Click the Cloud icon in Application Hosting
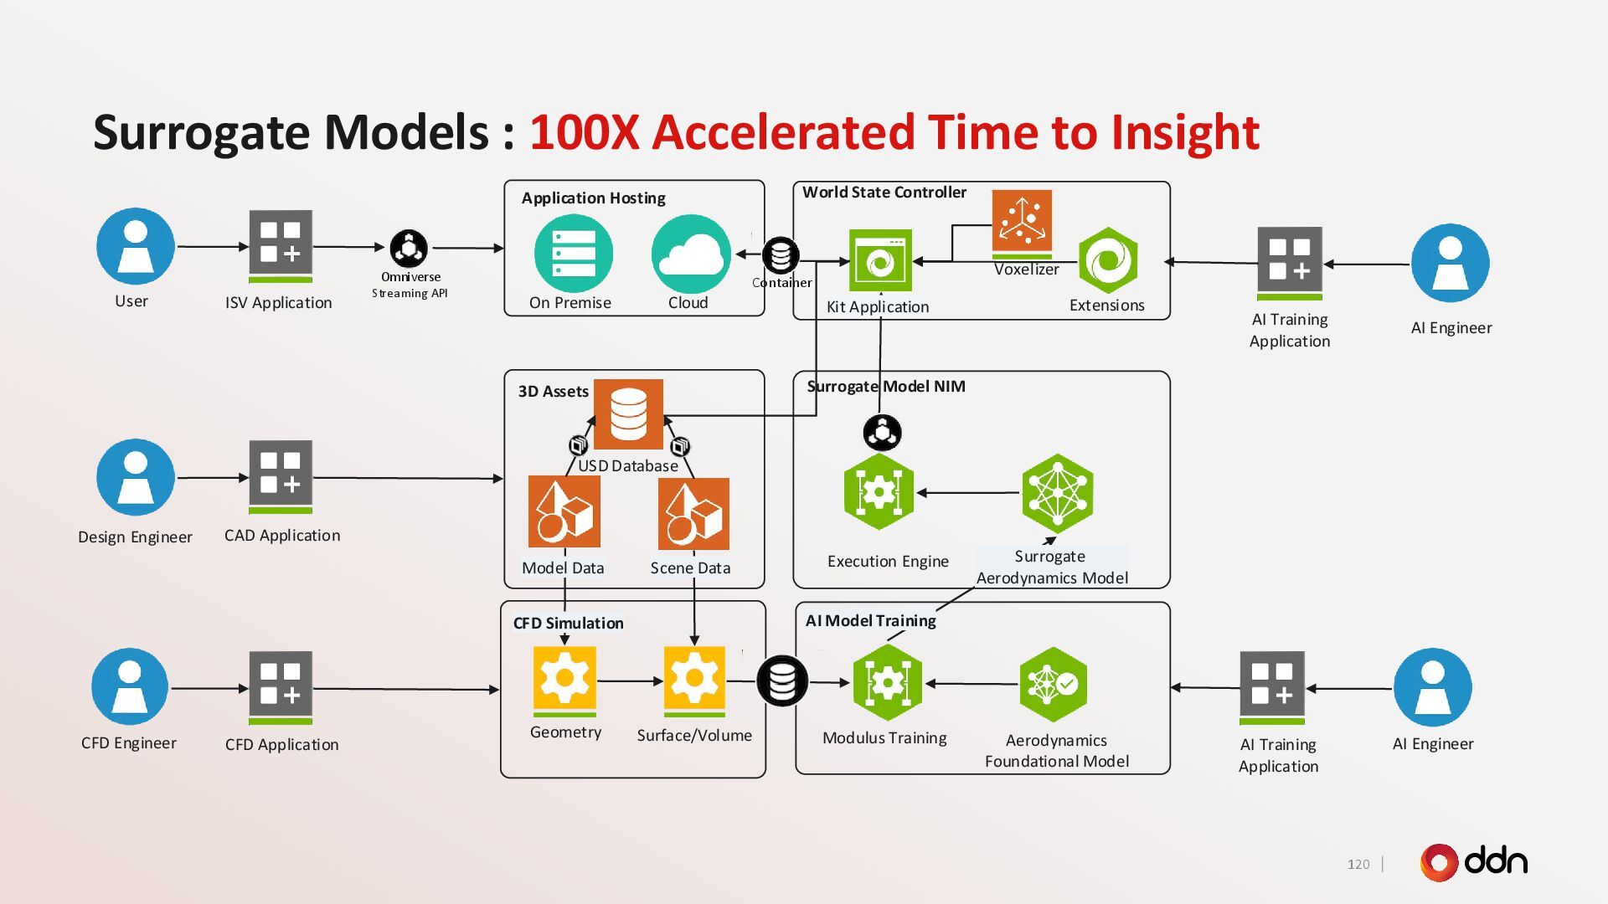click(x=691, y=254)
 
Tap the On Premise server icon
click(x=574, y=254)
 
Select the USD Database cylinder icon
click(x=628, y=413)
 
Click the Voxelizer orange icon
click(x=1022, y=221)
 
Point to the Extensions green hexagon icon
click(x=1107, y=261)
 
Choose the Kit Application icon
click(x=880, y=261)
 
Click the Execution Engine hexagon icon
click(x=879, y=492)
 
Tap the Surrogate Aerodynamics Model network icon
click(x=1058, y=493)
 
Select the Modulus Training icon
click(x=887, y=683)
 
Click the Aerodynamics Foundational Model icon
click(x=1054, y=684)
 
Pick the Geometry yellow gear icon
click(x=564, y=677)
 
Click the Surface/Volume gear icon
click(x=694, y=677)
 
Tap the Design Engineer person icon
click(x=136, y=477)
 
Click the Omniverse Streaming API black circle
click(x=409, y=248)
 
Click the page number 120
click(x=1358, y=864)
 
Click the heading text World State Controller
click(x=884, y=193)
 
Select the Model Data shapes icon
click(x=564, y=512)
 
